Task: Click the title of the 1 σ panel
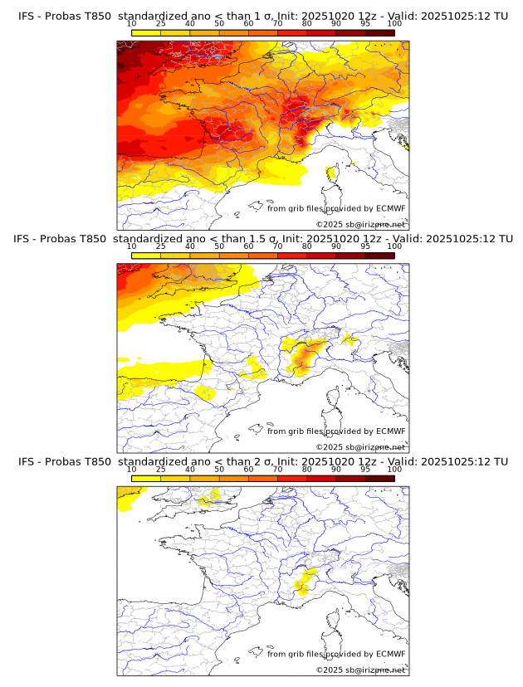(x=262, y=16)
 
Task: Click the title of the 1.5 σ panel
(x=262, y=238)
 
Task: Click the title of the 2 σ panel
(x=262, y=461)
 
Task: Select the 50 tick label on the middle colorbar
(x=219, y=247)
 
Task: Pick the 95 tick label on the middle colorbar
(x=365, y=247)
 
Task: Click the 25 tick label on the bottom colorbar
(x=160, y=470)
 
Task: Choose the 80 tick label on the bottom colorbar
(x=307, y=470)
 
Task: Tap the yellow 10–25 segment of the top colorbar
(x=145, y=32)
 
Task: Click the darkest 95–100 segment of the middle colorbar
(x=379, y=256)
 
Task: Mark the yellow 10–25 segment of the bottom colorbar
(x=145, y=479)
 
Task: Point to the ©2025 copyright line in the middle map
(x=360, y=447)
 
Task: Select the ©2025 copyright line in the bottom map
(x=360, y=670)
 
